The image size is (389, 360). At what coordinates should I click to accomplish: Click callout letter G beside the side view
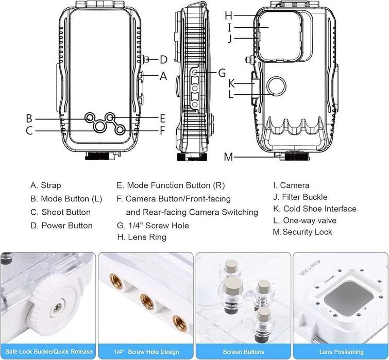pyautogui.click(x=222, y=73)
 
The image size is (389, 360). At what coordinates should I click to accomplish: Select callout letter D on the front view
pyautogui.click(x=163, y=59)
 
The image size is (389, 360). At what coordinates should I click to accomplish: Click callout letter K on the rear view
pyautogui.click(x=232, y=83)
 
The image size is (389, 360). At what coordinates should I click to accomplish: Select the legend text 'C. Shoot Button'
pyautogui.click(x=60, y=212)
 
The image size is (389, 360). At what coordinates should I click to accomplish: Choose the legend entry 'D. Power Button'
pyautogui.click(x=61, y=226)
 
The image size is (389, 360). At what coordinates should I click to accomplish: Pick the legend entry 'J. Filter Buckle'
pyautogui.click(x=300, y=197)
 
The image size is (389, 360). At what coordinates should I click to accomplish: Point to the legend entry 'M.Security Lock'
pyautogui.click(x=302, y=232)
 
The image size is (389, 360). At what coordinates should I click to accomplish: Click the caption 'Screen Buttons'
pyautogui.click(x=244, y=352)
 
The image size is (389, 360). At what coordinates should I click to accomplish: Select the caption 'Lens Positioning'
pyautogui.click(x=341, y=352)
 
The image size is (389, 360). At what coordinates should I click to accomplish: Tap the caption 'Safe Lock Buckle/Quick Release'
pyautogui.click(x=48, y=352)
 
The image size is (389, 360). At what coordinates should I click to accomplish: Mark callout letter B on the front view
pyautogui.click(x=29, y=118)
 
